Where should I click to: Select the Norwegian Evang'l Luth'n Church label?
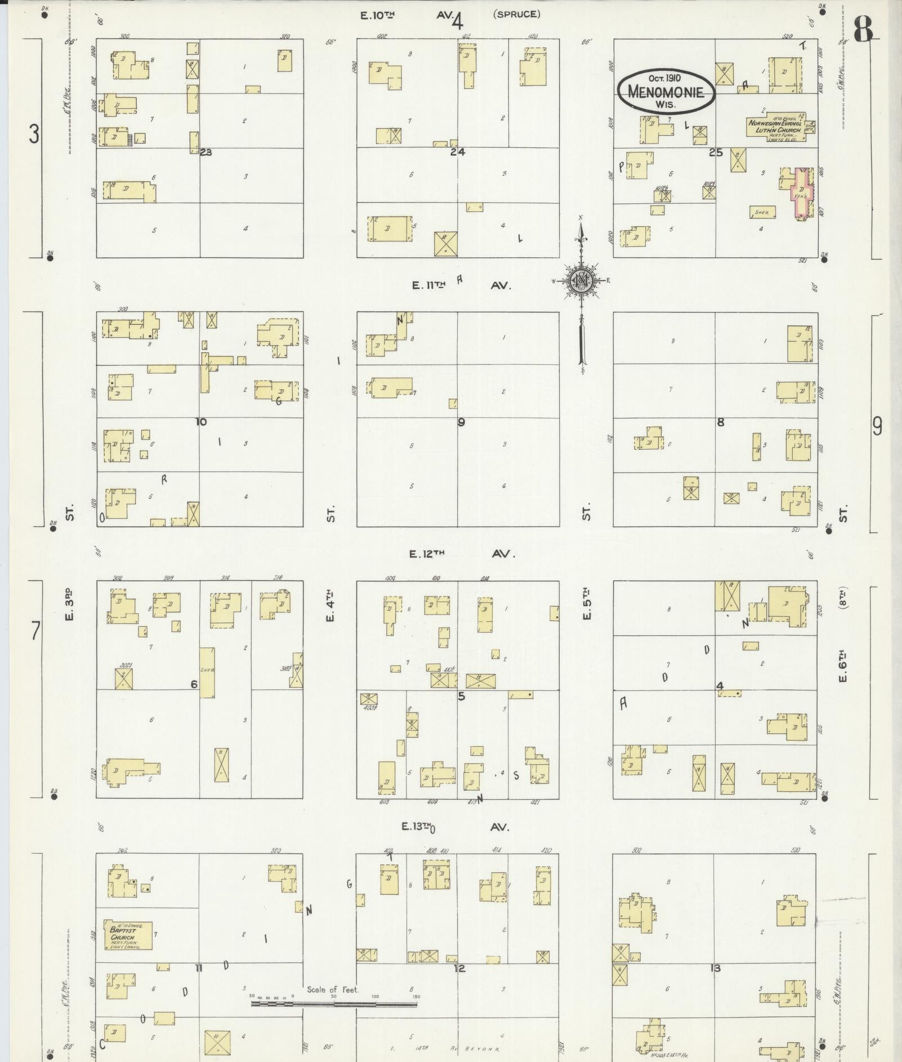pyautogui.click(x=775, y=127)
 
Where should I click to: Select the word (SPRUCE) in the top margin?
pyautogui.click(x=516, y=15)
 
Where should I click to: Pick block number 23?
pyautogui.click(x=206, y=152)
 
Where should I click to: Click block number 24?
pyautogui.click(x=458, y=152)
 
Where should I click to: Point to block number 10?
pyautogui.click(x=201, y=422)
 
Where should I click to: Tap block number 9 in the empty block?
pyautogui.click(x=461, y=422)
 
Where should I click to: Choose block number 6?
pyautogui.click(x=194, y=684)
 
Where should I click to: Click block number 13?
pyautogui.click(x=715, y=968)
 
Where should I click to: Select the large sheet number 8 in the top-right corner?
pyautogui.click(x=863, y=29)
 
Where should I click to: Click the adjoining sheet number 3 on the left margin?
pyautogui.click(x=34, y=135)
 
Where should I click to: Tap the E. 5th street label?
pyautogui.click(x=587, y=603)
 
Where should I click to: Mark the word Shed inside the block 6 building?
pyautogui.click(x=207, y=670)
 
